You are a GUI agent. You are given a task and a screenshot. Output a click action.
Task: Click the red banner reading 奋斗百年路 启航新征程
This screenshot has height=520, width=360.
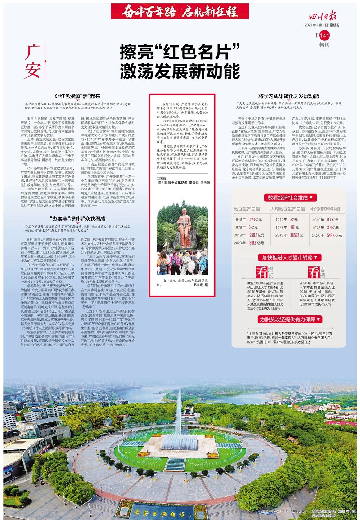[180, 11]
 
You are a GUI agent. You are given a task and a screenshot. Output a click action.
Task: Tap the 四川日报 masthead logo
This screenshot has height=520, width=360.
[323, 17]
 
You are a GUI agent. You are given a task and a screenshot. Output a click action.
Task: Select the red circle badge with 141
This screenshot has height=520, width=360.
[324, 35]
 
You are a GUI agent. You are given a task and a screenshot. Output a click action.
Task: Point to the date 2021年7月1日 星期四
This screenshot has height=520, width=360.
[322, 25]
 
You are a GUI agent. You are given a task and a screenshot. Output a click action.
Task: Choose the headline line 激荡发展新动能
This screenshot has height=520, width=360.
[180, 71]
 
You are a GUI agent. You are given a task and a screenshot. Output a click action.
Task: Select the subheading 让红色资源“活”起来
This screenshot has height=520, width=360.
[77, 96]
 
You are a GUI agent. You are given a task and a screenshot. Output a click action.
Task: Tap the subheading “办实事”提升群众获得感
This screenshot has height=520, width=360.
[77, 219]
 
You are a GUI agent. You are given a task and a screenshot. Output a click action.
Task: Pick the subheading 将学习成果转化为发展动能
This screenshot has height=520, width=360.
[288, 96]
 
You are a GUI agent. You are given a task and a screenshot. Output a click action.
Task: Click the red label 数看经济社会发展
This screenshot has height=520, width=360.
[291, 197]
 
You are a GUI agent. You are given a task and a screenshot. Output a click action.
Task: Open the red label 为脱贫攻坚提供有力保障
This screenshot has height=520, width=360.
[290, 319]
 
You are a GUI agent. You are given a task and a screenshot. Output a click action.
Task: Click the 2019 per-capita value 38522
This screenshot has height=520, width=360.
[294, 235]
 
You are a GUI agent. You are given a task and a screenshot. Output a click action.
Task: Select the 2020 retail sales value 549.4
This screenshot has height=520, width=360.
[331, 235]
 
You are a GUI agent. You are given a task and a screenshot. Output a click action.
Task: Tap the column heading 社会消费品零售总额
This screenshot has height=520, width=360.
[325, 209]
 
